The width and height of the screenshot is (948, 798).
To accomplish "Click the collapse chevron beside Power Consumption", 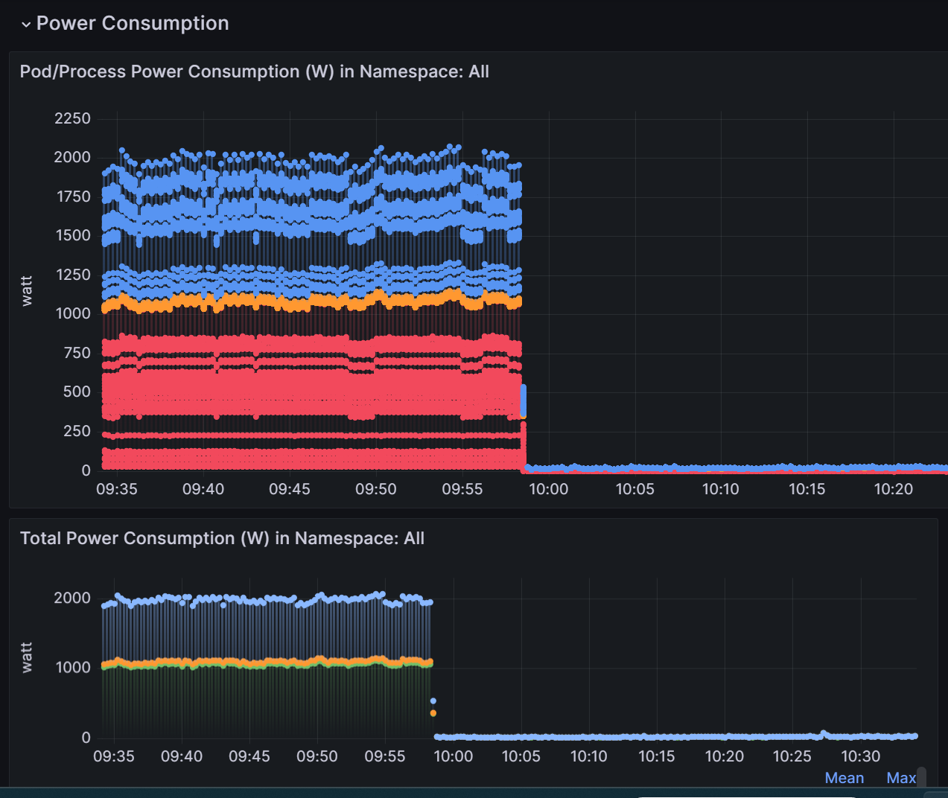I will [26, 25].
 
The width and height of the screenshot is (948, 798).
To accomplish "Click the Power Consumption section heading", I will [132, 23].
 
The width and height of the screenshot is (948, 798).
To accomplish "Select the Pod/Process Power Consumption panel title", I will [254, 71].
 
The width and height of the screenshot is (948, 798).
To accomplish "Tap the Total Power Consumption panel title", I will [222, 538].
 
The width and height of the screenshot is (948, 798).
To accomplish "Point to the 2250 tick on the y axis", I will [72, 118].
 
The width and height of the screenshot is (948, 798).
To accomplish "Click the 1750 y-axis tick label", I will [73, 197].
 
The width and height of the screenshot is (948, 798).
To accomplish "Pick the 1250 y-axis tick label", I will [73, 275].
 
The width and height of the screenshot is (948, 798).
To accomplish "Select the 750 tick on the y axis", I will [77, 353].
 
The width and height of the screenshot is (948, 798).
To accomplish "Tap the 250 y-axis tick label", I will [77, 431].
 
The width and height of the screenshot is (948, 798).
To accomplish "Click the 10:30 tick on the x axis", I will [860, 756].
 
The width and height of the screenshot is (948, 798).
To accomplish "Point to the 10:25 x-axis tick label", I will [792, 756].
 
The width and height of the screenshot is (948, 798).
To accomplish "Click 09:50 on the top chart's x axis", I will [375, 489].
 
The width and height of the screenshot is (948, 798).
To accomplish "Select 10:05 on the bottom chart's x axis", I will [521, 756].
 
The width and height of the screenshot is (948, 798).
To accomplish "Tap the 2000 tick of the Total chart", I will [72, 598].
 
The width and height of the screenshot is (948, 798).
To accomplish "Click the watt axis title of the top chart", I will [27, 290].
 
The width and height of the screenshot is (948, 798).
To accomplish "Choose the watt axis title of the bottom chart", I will [27, 658].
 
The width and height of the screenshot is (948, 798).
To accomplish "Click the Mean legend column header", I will [844, 778].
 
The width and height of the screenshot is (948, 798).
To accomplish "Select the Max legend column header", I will [900, 778].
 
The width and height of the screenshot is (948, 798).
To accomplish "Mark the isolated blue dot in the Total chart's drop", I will [433, 700].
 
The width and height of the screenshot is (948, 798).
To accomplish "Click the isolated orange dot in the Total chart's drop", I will [433, 713].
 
